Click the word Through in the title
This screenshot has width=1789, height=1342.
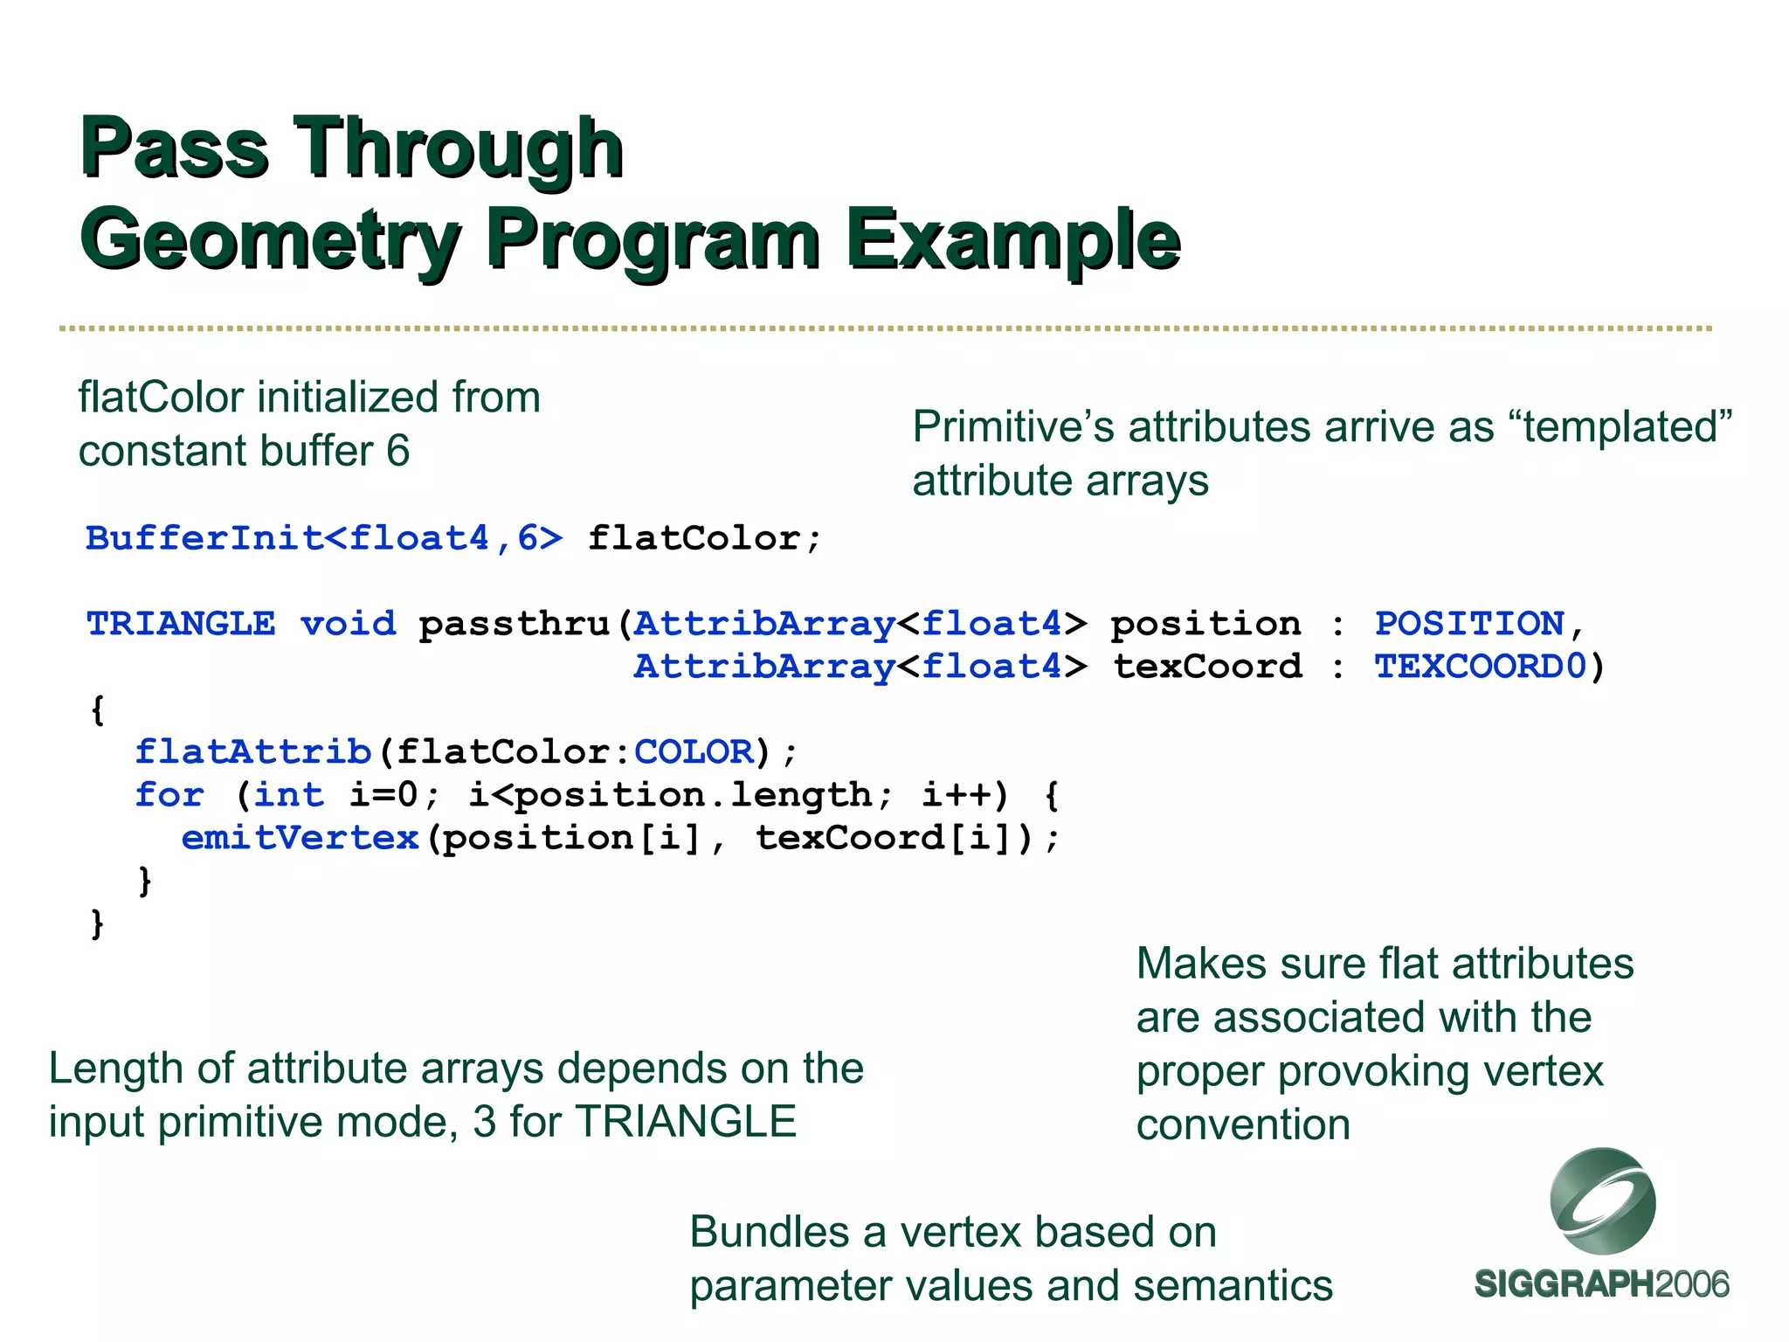coord(459,149)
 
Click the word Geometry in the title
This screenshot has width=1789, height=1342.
coord(270,240)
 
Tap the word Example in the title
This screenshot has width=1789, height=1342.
coord(1013,240)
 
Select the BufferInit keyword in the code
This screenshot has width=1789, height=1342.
coord(204,538)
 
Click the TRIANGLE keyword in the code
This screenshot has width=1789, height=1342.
coord(181,624)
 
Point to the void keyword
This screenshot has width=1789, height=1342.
coord(348,624)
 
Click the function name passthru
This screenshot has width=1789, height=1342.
coord(515,624)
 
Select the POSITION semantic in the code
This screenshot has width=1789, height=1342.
coord(1469,624)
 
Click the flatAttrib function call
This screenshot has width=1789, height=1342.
coord(253,752)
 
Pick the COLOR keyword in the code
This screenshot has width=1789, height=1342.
coord(693,752)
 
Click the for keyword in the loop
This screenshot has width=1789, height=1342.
coord(169,795)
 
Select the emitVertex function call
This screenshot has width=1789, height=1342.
coord(300,838)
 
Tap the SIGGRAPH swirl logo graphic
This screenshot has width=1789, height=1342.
coord(1602,1202)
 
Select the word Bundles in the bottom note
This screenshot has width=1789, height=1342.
coord(768,1232)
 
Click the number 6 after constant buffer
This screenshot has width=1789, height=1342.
coord(398,452)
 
